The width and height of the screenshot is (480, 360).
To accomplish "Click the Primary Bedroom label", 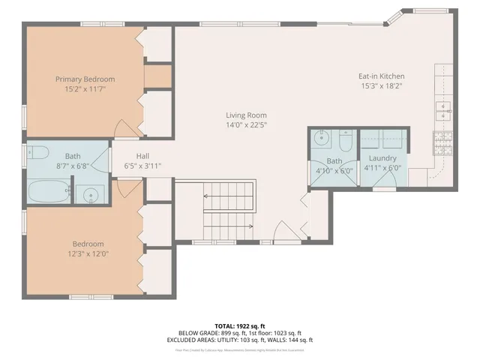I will [x=85, y=78].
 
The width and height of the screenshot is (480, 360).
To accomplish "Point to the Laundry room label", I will [x=382, y=158].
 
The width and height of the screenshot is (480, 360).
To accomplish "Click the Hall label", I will [x=142, y=156].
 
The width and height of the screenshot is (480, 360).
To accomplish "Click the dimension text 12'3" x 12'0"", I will [x=88, y=253].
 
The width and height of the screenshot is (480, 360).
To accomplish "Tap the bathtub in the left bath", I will [x=48, y=192].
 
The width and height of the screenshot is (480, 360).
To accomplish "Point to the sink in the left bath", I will [x=91, y=195].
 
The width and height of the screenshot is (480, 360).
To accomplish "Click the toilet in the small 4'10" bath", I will [x=346, y=142].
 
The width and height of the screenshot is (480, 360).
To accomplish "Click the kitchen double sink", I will [x=445, y=111].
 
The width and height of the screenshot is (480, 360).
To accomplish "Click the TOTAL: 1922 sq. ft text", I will [x=239, y=326].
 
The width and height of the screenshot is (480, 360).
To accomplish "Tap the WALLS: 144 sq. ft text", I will [x=286, y=339].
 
